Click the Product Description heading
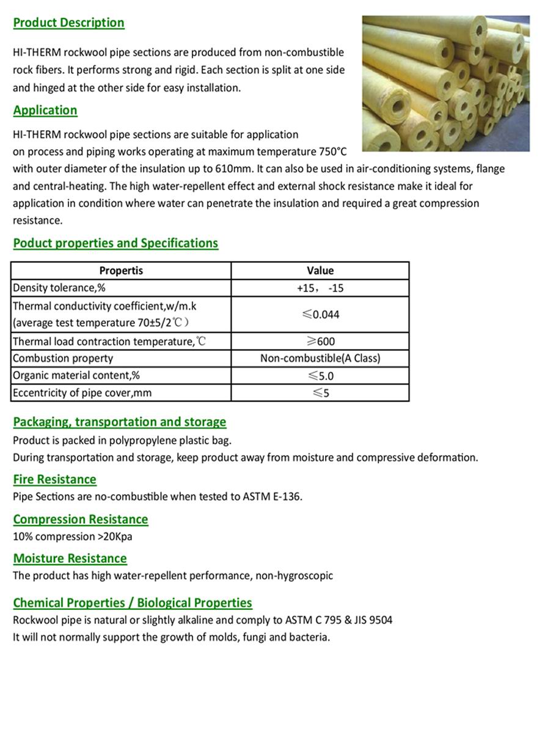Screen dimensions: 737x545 68,23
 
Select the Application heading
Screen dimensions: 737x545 45,111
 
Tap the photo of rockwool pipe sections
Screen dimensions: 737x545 445,83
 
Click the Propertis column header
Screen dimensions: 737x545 121,271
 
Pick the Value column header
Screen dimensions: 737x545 320,271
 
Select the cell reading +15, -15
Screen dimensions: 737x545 320,288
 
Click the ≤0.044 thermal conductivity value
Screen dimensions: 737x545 320,315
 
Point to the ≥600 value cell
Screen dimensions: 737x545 320,342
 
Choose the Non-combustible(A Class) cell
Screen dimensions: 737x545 320,358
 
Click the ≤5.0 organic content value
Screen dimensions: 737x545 320,376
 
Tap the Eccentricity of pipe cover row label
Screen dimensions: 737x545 82,393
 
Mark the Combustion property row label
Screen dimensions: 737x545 63,358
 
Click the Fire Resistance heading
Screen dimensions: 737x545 55,480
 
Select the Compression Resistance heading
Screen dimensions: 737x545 81,519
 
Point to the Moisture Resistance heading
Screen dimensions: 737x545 70,559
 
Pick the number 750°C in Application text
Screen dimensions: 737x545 333,152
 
